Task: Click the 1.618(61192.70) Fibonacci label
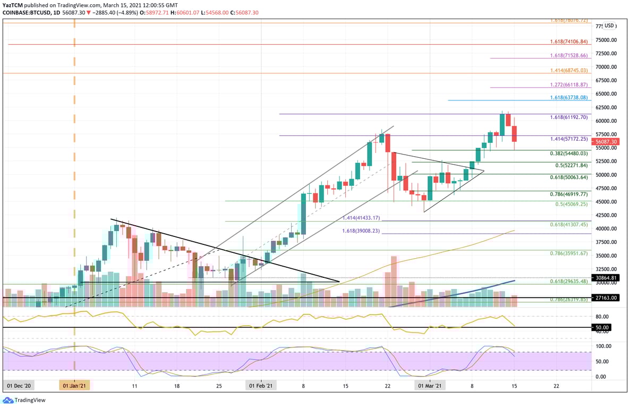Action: pos(569,117)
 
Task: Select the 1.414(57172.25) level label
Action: pos(569,139)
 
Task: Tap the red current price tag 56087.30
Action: pos(606,142)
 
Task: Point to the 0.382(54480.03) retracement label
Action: pos(569,154)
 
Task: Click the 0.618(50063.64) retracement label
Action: pos(569,177)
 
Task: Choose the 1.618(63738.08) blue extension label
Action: pos(569,98)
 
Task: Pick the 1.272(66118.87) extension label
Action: pos(569,84)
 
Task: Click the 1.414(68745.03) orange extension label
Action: pos(569,70)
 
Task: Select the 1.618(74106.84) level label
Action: pos(569,41)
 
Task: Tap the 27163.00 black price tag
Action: pos(606,298)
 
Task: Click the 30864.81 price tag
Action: pos(606,278)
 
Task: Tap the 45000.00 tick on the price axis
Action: pos(606,202)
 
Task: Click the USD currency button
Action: pos(609,25)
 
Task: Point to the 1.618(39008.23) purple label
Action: pos(361,231)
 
